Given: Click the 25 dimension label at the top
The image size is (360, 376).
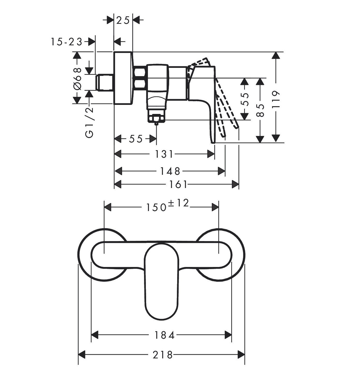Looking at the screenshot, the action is point(123,20).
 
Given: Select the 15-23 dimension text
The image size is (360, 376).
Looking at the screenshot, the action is point(66,42).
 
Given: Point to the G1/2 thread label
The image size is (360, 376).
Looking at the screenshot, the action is point(89,122).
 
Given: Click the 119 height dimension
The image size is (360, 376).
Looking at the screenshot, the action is point(276,99).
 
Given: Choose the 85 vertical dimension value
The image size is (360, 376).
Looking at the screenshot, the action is point(260,111).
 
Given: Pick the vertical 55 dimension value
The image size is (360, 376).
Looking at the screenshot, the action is point(245,99).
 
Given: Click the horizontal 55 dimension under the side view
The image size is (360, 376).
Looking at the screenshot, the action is point(136,139).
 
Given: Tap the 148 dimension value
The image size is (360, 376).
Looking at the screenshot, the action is point(170,171).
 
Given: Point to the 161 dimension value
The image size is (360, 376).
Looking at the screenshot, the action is point(178,185).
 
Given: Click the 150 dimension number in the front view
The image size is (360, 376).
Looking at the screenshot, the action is point(156,207).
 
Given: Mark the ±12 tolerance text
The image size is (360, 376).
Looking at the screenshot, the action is point(178,203).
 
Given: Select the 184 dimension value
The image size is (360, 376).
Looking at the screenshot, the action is point(164,335).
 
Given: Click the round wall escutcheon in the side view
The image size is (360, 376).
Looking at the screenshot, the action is point(123,78).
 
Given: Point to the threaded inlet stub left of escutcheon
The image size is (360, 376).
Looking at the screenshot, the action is point(104,82).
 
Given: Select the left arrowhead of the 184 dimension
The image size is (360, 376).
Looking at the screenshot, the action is point(95,335).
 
